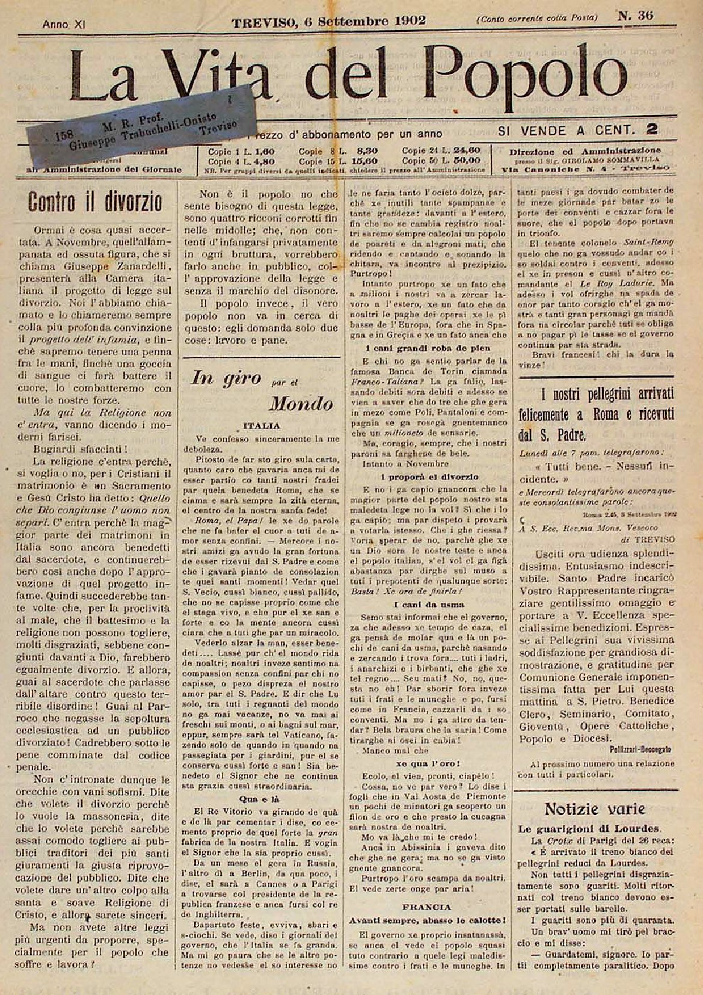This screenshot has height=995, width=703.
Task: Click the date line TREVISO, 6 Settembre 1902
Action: (329, 21)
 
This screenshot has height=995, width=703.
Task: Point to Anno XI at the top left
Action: (63, 25)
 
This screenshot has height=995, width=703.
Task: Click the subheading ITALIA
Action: (260, 426)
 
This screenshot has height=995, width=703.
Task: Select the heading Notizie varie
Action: (594, 808)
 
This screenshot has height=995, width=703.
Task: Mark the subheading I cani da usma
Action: (428, 604)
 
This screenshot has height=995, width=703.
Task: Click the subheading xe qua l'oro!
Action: (428, 763)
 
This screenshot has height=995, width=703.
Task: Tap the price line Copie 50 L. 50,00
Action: (441, 161)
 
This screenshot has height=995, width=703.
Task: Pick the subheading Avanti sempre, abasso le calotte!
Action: (427, 920)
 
